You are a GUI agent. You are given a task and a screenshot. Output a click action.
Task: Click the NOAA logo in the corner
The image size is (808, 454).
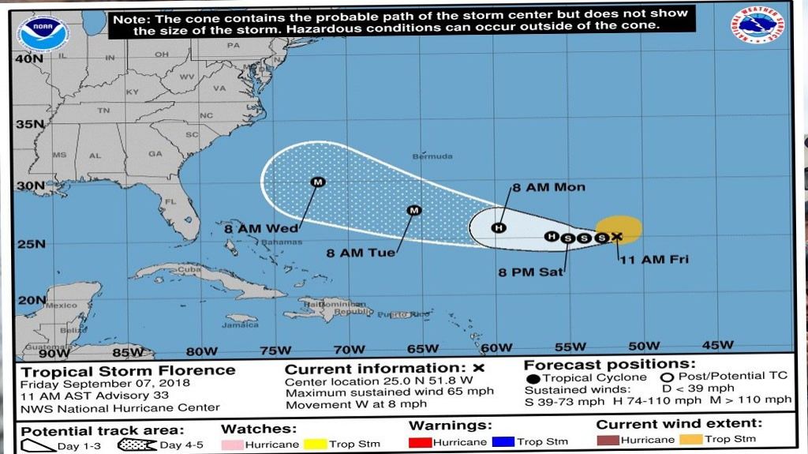click(x=44, y=32)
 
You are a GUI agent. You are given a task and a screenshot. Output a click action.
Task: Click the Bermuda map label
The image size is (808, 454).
click(x=432, y=156)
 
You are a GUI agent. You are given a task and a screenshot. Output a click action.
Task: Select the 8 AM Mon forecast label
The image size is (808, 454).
click(x=549, y=187)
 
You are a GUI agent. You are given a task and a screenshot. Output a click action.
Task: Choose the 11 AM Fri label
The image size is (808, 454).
click(x=653, y=259)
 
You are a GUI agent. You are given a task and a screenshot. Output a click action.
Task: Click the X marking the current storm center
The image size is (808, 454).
click(x=616, y=236)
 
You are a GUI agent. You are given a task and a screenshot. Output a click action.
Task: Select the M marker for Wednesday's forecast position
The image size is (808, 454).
click(x=318, y=182)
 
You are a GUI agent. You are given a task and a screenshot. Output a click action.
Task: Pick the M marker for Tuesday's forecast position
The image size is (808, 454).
click(x=413, y=210)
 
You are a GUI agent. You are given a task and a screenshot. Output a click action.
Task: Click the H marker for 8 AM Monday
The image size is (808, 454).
click(x=498, y=228)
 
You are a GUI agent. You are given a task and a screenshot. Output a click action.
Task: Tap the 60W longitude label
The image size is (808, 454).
click(x=496, y=347)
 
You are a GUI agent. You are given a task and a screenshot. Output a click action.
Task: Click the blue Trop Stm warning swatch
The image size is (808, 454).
click(x=503, y=442)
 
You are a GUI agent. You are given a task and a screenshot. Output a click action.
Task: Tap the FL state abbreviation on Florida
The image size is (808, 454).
click(x=168, y=202)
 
